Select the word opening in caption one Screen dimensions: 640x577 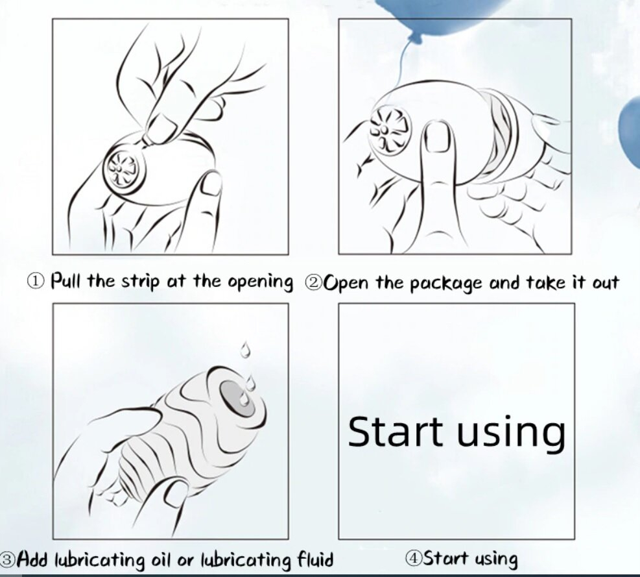pyautogui.click(x=260, y=282)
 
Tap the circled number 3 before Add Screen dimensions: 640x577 pyautogui.click(x=8, y=559)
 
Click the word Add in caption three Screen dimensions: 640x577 pyautogui.click(x=34, y=558)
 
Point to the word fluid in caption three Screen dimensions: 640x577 pyautogui.click(x=314, y=559)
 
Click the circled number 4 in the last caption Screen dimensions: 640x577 pyautogui.click(x=414, y=558)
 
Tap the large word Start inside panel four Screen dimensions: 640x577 pyautogui.click(x=395, y=431)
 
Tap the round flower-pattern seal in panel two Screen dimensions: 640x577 pyautogui.click(x=389, y=130)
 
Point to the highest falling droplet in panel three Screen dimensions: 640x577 pyautogui.click(x=245, y=350)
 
